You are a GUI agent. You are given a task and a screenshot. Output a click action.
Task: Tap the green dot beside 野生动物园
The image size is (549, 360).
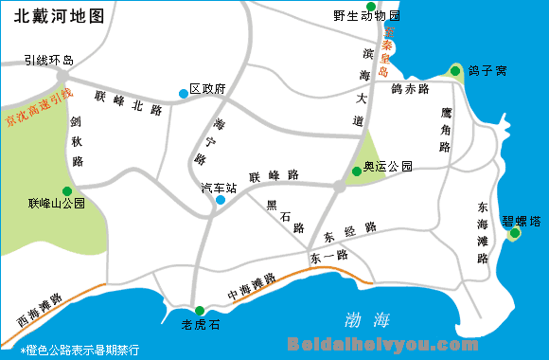click(372, 7)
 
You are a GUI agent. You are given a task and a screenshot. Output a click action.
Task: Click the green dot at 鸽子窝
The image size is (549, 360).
click(455, 70)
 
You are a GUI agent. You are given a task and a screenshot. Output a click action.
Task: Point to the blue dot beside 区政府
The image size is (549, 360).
click(183, 93)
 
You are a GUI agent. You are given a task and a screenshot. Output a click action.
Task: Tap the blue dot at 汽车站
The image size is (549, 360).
click(221, 200)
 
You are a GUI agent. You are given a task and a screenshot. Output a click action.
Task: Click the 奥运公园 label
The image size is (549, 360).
click(389, 167)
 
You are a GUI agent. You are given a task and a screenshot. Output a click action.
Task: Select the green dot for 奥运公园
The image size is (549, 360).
click(356, 171)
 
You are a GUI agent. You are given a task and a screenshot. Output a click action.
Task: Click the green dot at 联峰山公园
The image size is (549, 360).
click(66, 190)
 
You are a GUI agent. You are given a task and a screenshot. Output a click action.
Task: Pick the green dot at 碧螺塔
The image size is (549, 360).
click(515, 233)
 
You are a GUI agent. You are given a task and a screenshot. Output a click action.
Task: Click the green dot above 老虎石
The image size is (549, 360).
click(199, 311)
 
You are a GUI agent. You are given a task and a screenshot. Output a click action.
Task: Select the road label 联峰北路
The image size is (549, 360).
click(129, 103)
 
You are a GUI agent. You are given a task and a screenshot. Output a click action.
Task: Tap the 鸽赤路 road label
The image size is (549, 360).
click(410, 88)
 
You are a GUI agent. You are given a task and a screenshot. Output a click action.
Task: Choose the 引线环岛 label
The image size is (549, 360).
click(49, 60)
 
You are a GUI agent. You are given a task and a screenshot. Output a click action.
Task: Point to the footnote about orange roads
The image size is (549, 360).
click(80, 350)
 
